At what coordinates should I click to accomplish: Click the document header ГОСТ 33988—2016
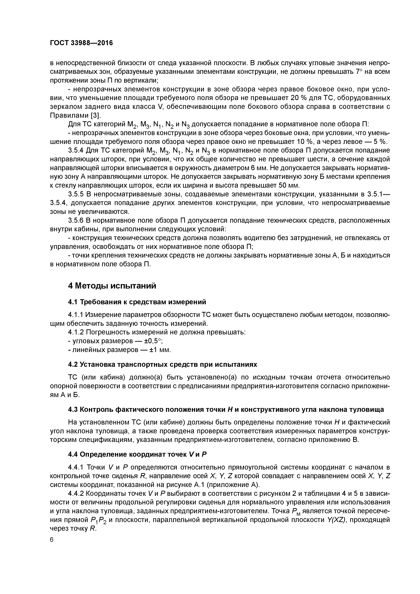coord(81,43)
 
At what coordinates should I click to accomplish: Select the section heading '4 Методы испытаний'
coord(112,286)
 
